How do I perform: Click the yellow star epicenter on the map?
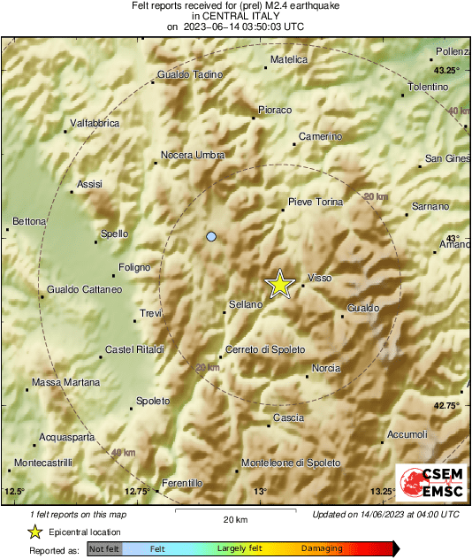click(279, 284)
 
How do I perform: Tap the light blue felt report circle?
click(210, 236)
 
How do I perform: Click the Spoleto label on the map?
click(152, 401)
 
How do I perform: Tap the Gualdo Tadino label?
click(189, 75)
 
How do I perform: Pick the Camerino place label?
click(320, 136)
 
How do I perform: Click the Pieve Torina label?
click(316, 203)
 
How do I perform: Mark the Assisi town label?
click(90, 184)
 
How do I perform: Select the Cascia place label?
click(288, 417)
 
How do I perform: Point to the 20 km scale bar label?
click(234, 519)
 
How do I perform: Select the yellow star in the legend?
click(34, 532)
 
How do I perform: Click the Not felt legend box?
click(103, 549)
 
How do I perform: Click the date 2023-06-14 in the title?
click(217, 27)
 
